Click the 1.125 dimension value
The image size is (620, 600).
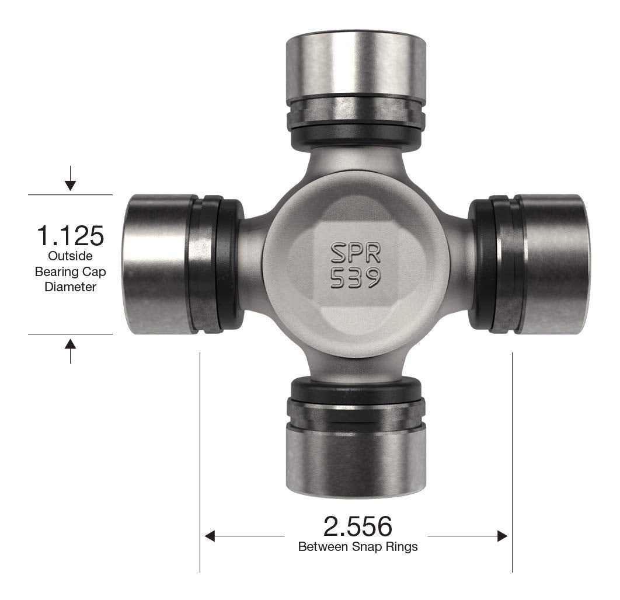70,235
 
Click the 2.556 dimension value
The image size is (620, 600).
357,526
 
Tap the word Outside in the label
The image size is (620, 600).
70,256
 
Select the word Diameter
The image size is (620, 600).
70,287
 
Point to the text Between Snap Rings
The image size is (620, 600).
357,547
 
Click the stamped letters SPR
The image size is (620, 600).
356,253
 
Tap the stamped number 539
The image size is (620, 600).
356,278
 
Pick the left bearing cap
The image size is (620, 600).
161,264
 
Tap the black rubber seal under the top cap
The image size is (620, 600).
356,135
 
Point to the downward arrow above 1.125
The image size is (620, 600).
70,184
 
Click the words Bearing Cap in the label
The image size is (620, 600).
70,271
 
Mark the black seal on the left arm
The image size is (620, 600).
231,264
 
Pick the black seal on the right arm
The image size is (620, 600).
480,264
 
